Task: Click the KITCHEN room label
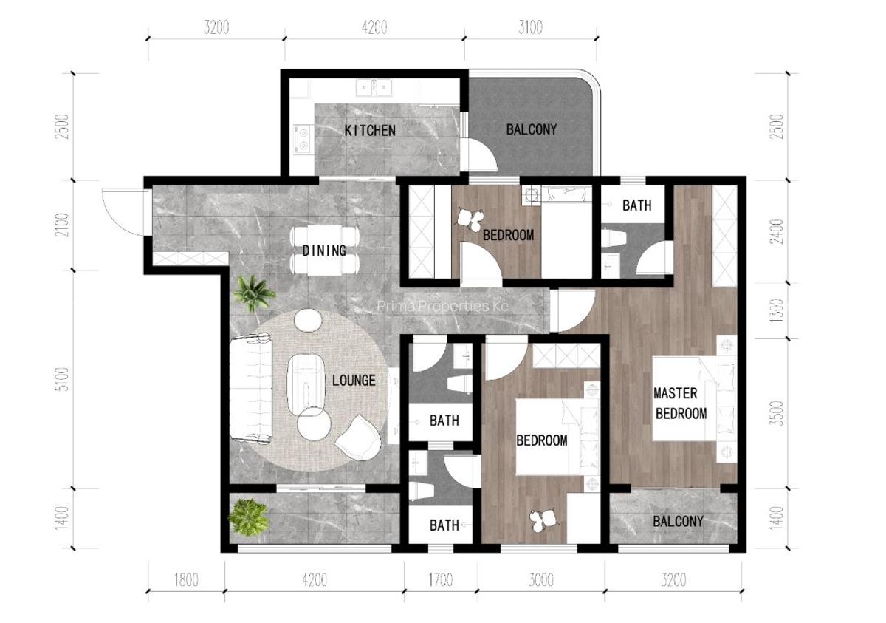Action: tap(370, 131)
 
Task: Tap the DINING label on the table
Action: tap(324, 251)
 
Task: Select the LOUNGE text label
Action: tap(354, 381)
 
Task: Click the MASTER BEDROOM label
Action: tap(681, 404)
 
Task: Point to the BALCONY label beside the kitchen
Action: tap(531, 129)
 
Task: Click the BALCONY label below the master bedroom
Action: tap(678, 521)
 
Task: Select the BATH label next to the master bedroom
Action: tap(636, 205)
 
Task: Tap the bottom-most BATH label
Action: tap(444, 525)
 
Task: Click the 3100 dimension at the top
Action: tap(530, 28)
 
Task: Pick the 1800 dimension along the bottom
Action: tap(185, 580)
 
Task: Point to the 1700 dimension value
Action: tap(440, 580)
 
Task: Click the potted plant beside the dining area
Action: tap(253, 293)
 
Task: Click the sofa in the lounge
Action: tap(250, 388)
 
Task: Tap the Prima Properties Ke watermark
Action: tap(442, 306)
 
